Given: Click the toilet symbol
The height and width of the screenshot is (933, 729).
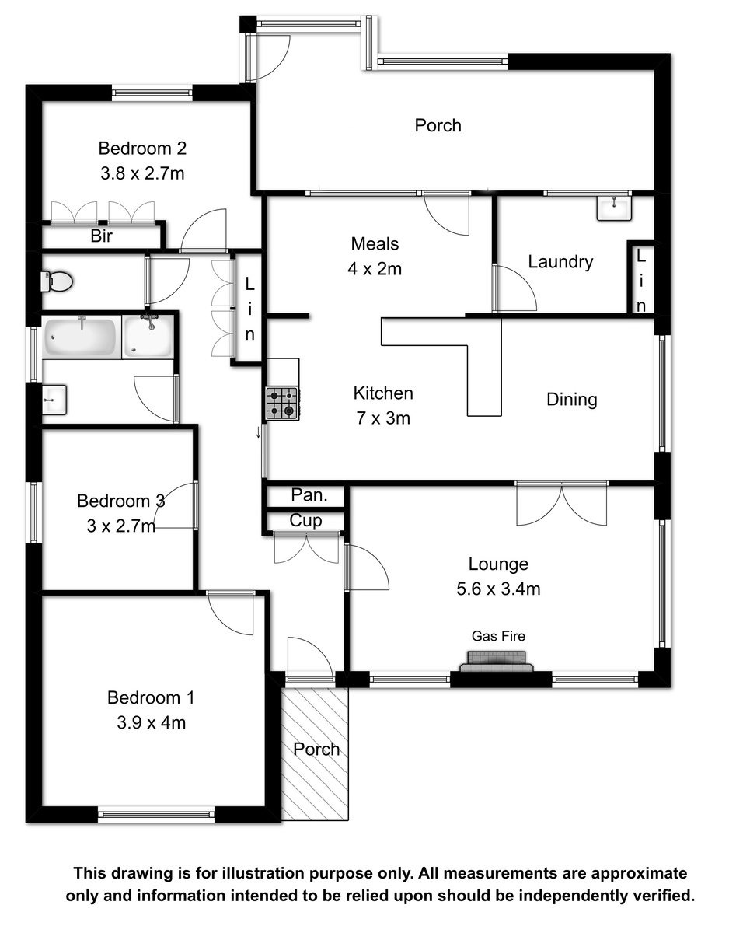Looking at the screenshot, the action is (57, 281).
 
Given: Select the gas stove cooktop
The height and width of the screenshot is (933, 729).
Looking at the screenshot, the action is (282, 404).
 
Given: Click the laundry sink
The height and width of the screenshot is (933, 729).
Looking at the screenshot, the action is (614, 208).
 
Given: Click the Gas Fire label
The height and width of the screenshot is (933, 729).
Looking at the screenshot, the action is (498, 636).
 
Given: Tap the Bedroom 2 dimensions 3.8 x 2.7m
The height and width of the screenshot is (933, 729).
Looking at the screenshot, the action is (142, 173).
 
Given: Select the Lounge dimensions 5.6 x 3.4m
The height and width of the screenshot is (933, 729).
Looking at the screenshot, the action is (498, 589).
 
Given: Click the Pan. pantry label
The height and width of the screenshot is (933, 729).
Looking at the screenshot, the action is (309, 495).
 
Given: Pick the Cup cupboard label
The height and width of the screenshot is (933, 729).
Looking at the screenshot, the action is (305, 521).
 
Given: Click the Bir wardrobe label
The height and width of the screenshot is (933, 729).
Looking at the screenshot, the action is (102, 236).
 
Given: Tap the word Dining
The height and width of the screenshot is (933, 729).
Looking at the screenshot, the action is (571, 400).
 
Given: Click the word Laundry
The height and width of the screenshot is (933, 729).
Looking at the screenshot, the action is (560, 262).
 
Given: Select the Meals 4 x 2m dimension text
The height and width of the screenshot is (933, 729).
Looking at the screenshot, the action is (375, 269).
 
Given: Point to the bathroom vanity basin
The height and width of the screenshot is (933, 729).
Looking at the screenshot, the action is (54, 400).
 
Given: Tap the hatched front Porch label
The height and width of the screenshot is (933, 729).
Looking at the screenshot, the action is (316, 750).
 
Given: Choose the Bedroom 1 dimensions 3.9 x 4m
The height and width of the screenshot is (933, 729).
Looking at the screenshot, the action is (151, 722).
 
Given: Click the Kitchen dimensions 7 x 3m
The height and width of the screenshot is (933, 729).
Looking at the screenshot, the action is (383, 418).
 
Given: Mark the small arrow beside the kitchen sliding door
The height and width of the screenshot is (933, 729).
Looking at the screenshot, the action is (258, 432).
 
